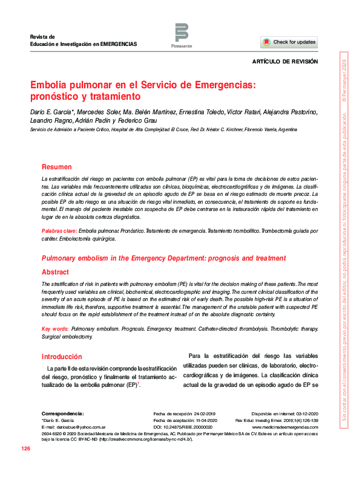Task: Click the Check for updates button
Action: coord(289,42)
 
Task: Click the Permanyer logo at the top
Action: coord(182,34)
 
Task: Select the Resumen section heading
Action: coord(56,166)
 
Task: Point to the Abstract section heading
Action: coord(55,272)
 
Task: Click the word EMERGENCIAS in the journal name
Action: coord(119,45)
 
